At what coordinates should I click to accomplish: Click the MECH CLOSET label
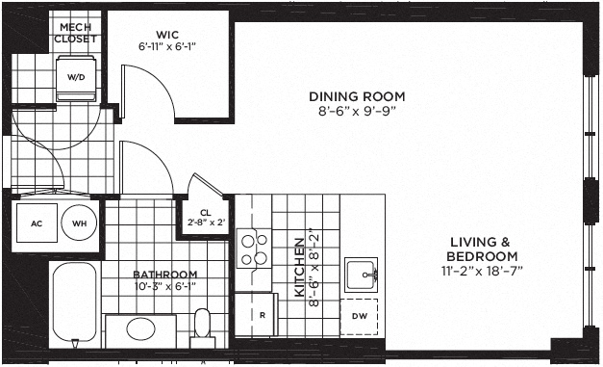click(75, 33)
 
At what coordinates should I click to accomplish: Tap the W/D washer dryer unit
click(76, 78)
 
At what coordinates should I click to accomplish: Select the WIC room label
click(167, 35)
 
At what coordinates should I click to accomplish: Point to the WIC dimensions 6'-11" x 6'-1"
click(167, 46)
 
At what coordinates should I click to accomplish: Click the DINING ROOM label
click(357, 96)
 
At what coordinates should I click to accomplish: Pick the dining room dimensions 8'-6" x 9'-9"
click(357, 112)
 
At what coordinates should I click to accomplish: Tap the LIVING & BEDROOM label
click(482, 249)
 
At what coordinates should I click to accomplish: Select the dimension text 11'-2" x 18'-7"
click(482, 271)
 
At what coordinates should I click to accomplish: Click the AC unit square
click(37, 223)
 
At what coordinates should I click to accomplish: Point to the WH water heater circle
click(79, 223)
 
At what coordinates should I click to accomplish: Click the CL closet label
click(206, 213)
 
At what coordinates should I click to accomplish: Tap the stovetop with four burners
click(254, 249)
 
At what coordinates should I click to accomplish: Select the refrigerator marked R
click(256, 315)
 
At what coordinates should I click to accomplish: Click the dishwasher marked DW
click(359, 317)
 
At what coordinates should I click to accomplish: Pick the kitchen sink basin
click(361, 275)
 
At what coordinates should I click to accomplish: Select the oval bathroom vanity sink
click(140, 328)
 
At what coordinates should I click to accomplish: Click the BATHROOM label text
click(165, 275)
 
